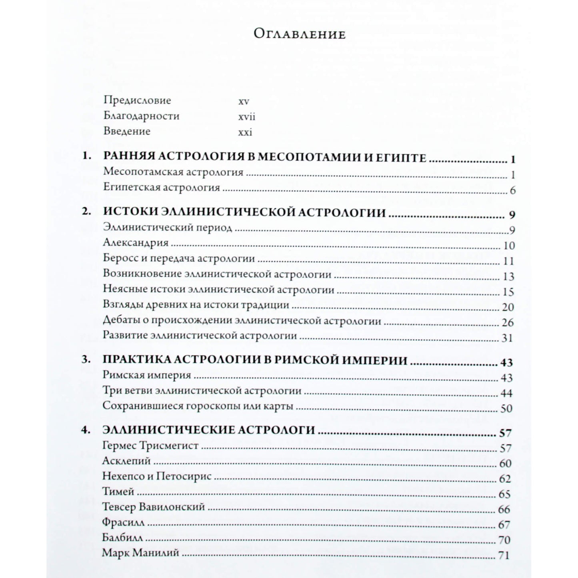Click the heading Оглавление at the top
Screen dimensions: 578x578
299,34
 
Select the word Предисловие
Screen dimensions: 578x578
137,100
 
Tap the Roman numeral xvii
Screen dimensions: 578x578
246,117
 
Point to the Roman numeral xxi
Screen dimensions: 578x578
245,132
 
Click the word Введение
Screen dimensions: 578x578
126,131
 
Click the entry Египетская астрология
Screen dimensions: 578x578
161,187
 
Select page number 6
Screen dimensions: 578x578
512,190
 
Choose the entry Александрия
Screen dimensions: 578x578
135,243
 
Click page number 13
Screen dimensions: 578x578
508,277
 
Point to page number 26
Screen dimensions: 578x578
507,323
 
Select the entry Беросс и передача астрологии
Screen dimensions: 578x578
179,258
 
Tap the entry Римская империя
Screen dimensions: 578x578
147,375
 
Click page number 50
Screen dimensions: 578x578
506,409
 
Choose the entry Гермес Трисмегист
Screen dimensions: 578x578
150,446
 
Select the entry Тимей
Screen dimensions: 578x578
118,491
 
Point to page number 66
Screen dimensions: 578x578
504,510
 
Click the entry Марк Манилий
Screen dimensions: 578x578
140,553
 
